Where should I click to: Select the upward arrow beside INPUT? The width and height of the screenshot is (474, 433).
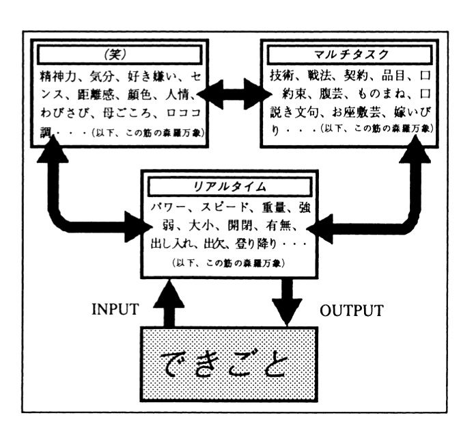[x=169, y=302]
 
